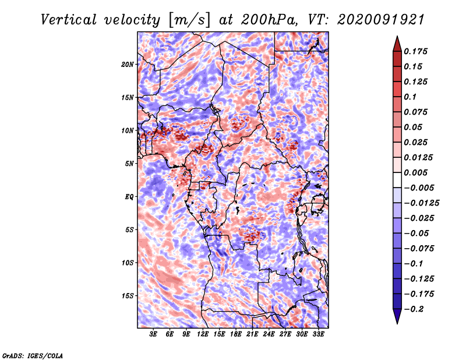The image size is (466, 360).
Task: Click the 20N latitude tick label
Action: [128, 64]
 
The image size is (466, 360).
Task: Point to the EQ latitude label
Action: [129, 197]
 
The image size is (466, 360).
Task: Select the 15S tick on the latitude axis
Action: [128, 296]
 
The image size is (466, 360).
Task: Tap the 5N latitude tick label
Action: [129, 164]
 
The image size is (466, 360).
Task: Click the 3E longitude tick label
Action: [153, 334]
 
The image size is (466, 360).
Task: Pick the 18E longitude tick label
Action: [236, 334]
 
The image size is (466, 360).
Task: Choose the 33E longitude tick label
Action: [318, 334]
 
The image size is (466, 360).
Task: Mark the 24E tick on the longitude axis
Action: [269, 334]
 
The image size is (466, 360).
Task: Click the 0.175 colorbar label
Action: [415, 51]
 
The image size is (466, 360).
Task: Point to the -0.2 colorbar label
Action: [414, 309]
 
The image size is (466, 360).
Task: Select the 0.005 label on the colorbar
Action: [415, 172]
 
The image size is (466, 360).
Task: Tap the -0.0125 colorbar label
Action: [421, 203]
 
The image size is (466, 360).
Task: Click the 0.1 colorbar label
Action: [410, 97]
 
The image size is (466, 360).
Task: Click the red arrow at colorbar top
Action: [397, 44]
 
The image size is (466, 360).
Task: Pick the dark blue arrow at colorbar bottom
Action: [397, 316]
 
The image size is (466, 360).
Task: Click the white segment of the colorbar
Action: [397, 180]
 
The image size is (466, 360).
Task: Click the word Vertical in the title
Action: [69, 20]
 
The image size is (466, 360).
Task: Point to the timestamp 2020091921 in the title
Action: [381, 20]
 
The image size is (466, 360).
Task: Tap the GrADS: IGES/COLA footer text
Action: [33, 355]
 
